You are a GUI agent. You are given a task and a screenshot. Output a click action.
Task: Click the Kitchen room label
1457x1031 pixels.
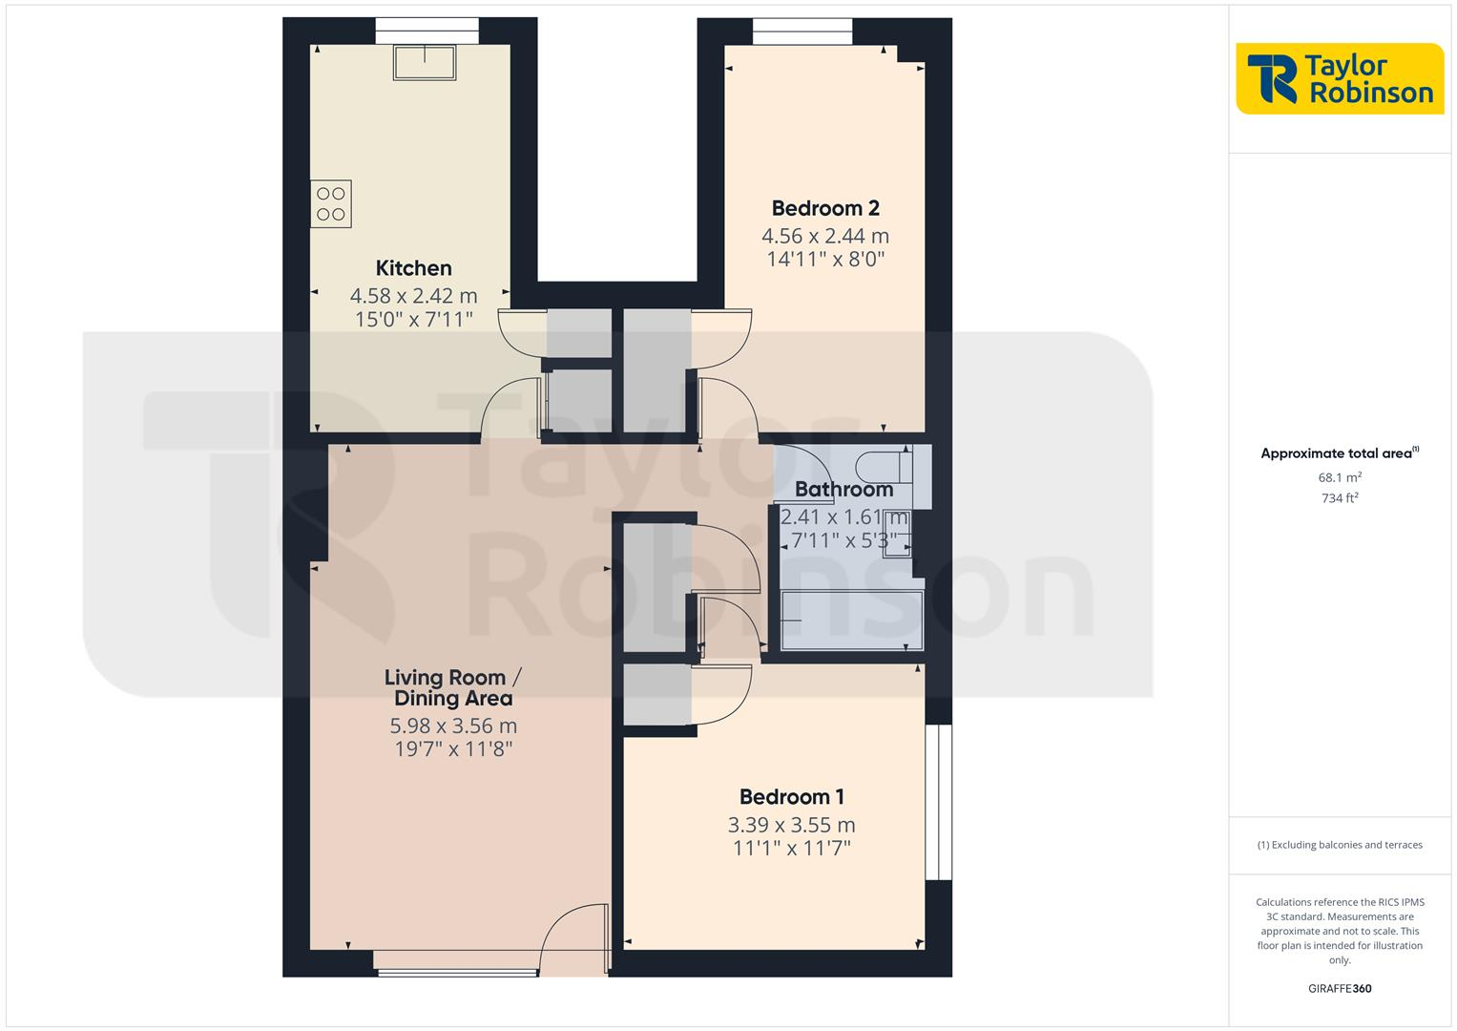[x=413, y=268]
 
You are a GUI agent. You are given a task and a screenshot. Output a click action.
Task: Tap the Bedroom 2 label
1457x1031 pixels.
[x=825, y=208]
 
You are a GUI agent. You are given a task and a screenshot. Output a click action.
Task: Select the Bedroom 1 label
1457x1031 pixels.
[x=791, y=796]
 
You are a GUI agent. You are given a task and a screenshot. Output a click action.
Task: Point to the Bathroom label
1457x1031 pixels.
[x=843, y=490]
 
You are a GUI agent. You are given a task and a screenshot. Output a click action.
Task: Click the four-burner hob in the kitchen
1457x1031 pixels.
[x=331, y=203]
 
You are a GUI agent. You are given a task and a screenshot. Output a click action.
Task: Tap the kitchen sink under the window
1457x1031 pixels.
[x=426, y=62]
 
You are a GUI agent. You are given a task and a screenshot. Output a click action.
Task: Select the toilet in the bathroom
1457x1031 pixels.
[x=884, y=467]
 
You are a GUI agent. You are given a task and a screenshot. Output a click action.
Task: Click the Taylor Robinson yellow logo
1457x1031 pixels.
[x=1339, y=78]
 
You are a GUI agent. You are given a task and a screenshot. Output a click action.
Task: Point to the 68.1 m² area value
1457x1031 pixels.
[x=1340, y=477]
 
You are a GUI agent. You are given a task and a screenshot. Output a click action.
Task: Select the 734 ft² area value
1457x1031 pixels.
[x=1340, y=498]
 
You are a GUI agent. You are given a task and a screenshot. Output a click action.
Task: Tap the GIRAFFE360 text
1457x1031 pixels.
[x=1340, y=989]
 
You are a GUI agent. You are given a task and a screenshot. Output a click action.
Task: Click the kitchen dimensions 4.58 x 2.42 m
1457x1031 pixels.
[x=413, y=296]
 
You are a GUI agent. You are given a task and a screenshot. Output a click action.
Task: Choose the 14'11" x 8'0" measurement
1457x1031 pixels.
[x=825, y=259]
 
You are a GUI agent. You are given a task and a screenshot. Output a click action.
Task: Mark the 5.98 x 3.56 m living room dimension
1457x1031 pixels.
[x=453, y=726]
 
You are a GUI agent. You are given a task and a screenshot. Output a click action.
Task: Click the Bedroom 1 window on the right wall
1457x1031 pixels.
[x=939, y=802]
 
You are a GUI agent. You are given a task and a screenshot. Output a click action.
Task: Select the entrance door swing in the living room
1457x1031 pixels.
[x=572, y=940]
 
